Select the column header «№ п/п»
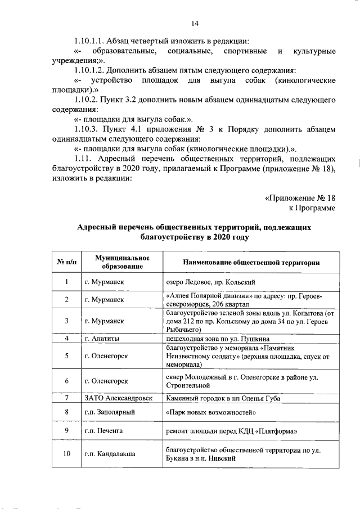(x=66, y=262)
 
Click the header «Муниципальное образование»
(x=119, y=262)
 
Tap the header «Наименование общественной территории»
(x=251, y=262)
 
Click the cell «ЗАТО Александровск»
(x=118, y=398)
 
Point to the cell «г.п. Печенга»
(x=103, y=431)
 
